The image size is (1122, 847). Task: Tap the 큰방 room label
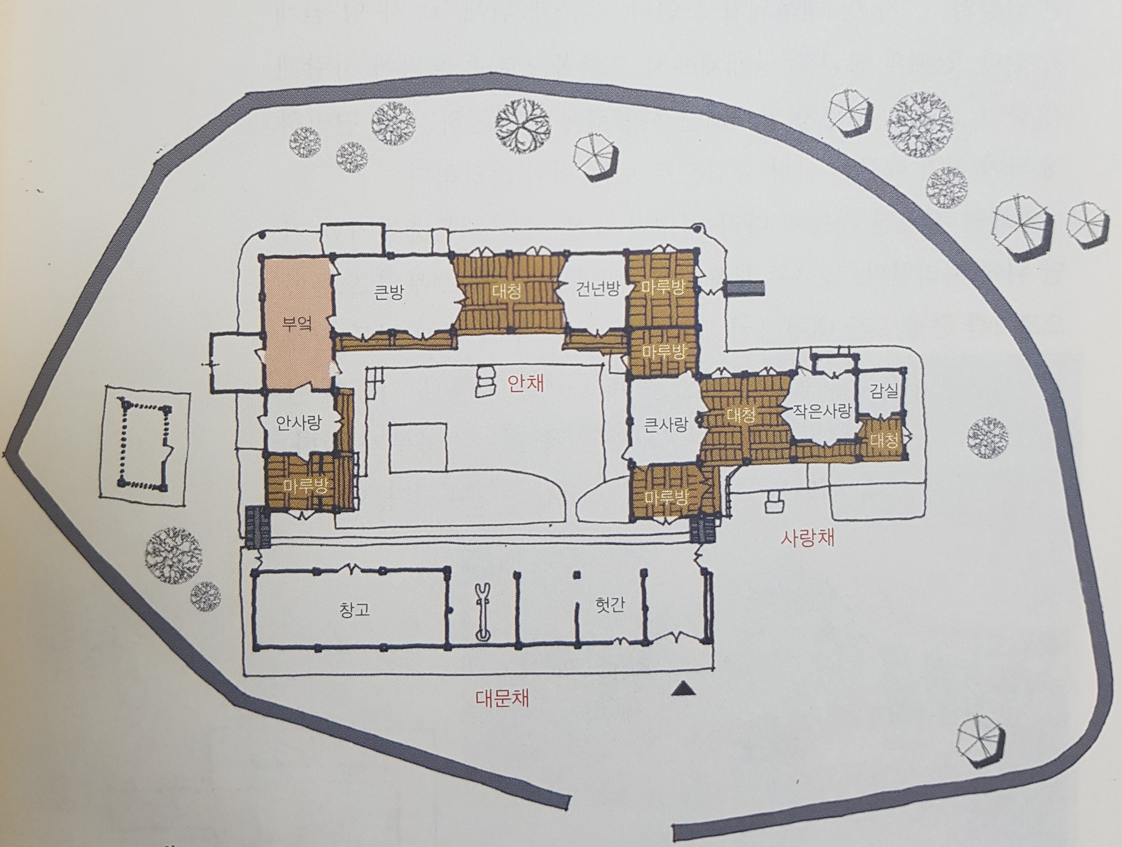click(x=389, y=293)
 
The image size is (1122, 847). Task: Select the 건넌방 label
click(x=598, y=289)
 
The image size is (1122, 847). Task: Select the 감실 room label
click(x=884, y=392)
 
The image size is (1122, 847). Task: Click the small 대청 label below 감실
click(x=883, y=440)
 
